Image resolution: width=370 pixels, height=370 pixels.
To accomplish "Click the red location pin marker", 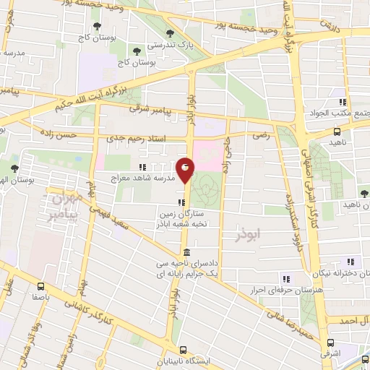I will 186,169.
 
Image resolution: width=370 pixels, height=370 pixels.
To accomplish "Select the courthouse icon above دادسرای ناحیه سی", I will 186,252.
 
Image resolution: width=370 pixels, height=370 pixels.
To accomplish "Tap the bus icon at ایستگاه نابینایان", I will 184,348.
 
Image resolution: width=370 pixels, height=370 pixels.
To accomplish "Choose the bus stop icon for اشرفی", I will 331,343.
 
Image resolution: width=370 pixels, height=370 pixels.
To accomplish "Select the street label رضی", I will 260,135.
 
